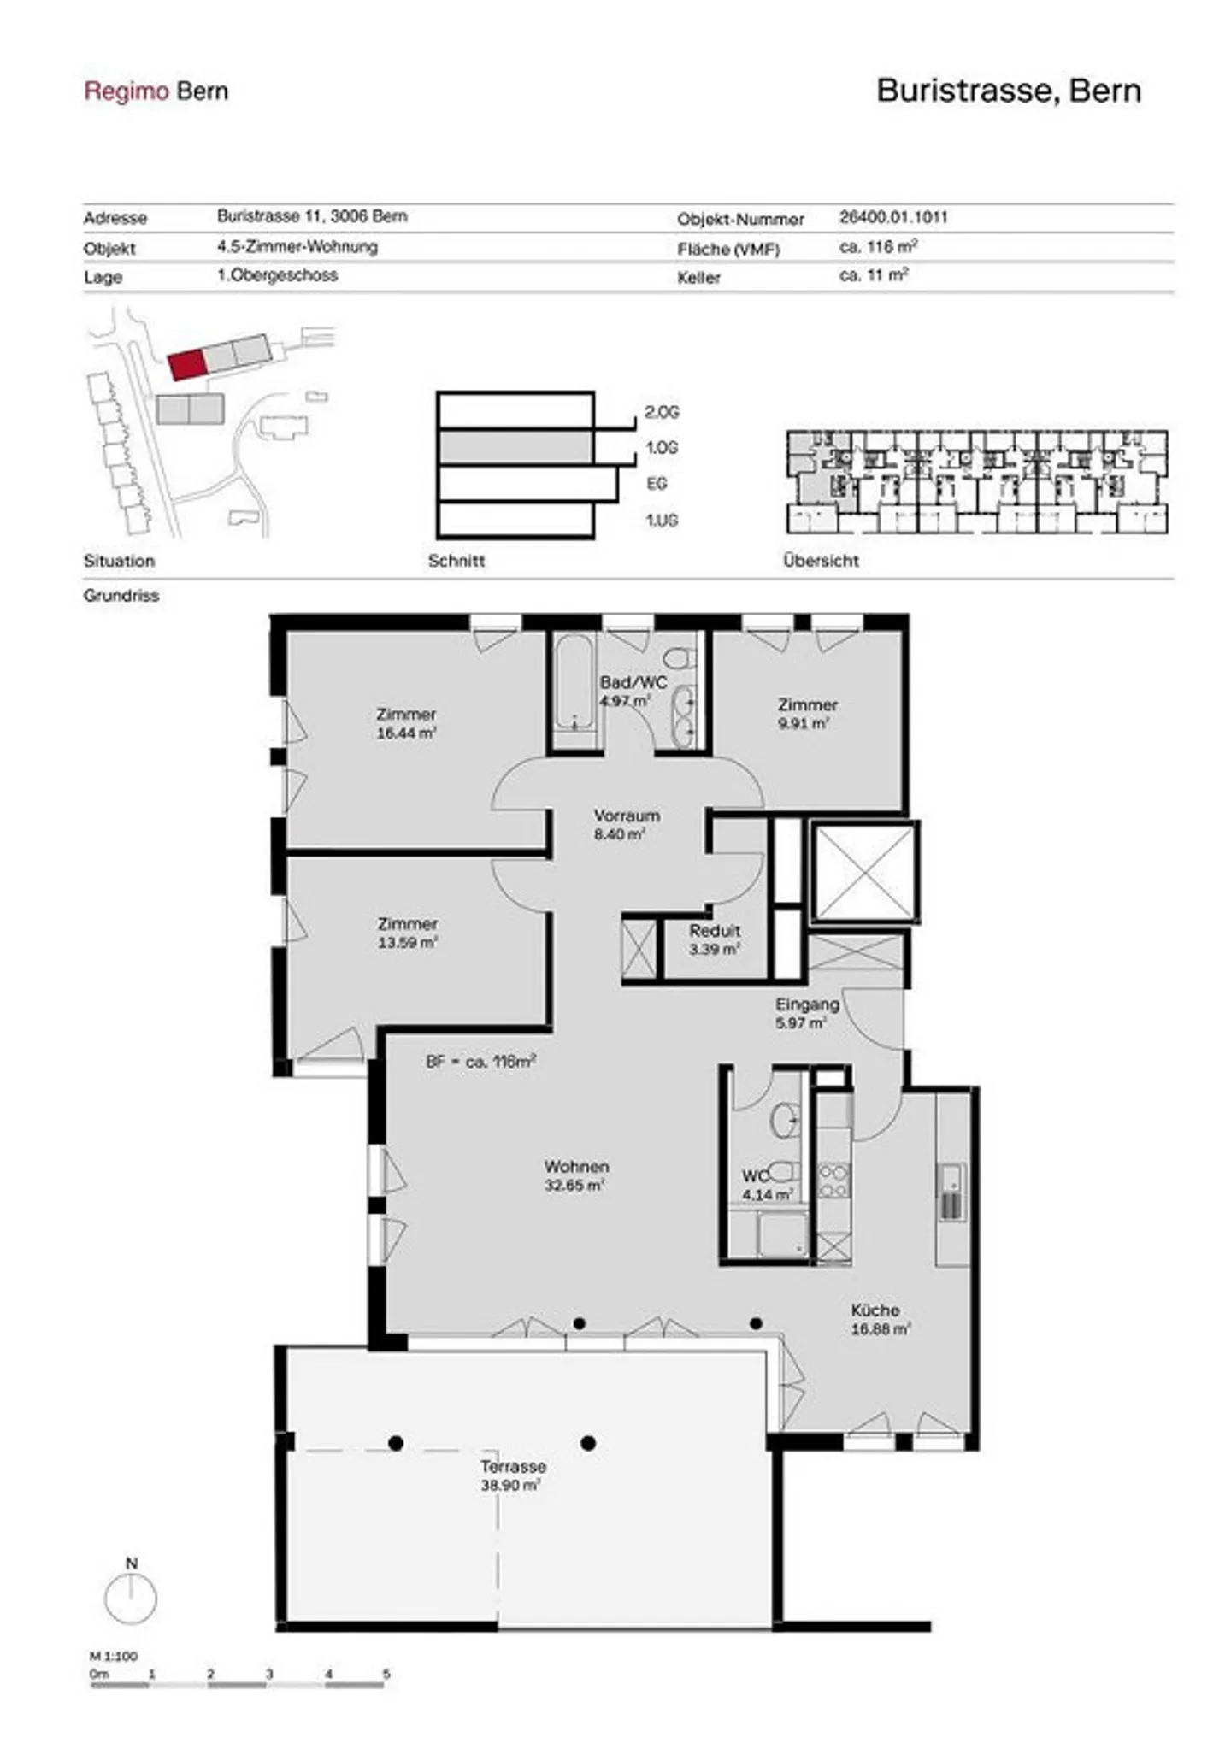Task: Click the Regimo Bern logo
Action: (156, 91)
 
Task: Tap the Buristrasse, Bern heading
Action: (1009, 91)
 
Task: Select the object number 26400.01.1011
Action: (893, 217)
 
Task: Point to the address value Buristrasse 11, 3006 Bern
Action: (312, 216)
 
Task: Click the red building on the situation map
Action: (187, 364)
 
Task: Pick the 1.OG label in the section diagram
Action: (662, 448)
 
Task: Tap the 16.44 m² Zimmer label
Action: (406, 723)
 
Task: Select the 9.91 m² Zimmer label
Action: (807, 714)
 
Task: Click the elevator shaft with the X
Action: (864, 873)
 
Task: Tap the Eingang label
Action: (807, 1004)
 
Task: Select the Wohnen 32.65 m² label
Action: (576, 1175)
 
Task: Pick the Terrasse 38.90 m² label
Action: (512, 1475)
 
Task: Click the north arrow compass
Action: (131, 1591)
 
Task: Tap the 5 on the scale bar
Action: (386, 1674)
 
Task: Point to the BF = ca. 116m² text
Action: (481, 1061)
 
